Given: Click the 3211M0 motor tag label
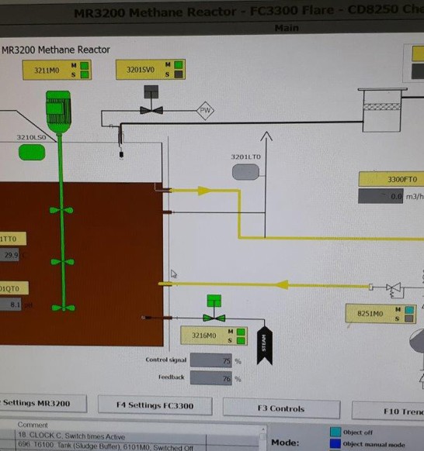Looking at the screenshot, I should tap(45, 70).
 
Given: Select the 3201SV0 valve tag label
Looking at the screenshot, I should tap(141, 70).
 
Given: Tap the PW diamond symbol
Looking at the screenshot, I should tap(206, 111).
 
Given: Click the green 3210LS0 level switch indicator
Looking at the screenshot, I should tap(32, 152).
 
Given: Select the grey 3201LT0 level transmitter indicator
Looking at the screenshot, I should tap(245, 172).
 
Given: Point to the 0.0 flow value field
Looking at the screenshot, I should tap(381, 197).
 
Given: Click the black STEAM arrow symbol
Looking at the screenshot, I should tap(264, 340).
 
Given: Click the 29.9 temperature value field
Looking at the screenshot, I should tap(11, 255).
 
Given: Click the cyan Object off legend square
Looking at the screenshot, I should tap(335, 432).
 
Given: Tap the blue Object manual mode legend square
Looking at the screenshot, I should tap(335, 444).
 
